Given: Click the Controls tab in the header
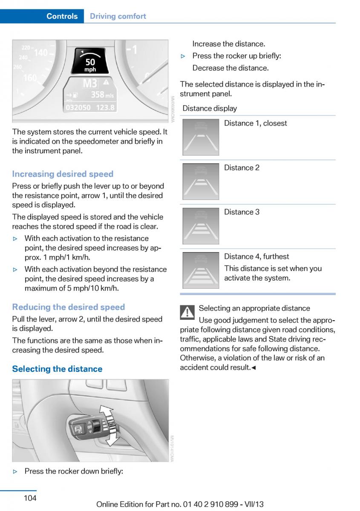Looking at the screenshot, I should pyautogui.click(x=62, y=16).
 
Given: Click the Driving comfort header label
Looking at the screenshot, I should pyautogui.click(x=118, y=16).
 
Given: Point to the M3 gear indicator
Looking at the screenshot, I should pyautogui.click(x=89, y=83).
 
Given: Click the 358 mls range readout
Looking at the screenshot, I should pyautogui.click(x=103, y=94).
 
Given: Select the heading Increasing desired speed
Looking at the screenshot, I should pyautogui.click(x=63, y=174).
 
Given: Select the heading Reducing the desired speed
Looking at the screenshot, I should pyautogui.click(x=68, y=307).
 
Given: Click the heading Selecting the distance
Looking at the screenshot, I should pyautogui.click(x=57, y=369).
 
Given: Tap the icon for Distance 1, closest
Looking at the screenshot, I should pyautogui.click(x=201, y=137).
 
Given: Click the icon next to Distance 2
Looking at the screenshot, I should pyautogui.click(x=201, y=181).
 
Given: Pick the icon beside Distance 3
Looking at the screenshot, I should pyautogui.click(x=201, y=226).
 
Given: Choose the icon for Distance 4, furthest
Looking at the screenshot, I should pyautogui.click(x=201, y=270).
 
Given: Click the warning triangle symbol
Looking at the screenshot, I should pyautogui.click(x=187, y=313).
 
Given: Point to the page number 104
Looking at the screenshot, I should pyautogui.click(x=30, y=498).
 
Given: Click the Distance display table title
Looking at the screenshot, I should pyautogui.click(x=210, y=108).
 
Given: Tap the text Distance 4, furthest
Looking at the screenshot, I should pyautogui.click(x=256, y=256).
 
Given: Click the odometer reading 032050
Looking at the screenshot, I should pyautogui.click(x=78, y=108).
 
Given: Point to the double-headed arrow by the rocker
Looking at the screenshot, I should pyautogui.click(x=112, y=426).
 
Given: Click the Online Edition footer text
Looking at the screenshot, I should pyautogui.click(x=180, y=504).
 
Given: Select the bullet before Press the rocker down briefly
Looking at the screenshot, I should pyautogui.click(x=16, y=471).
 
